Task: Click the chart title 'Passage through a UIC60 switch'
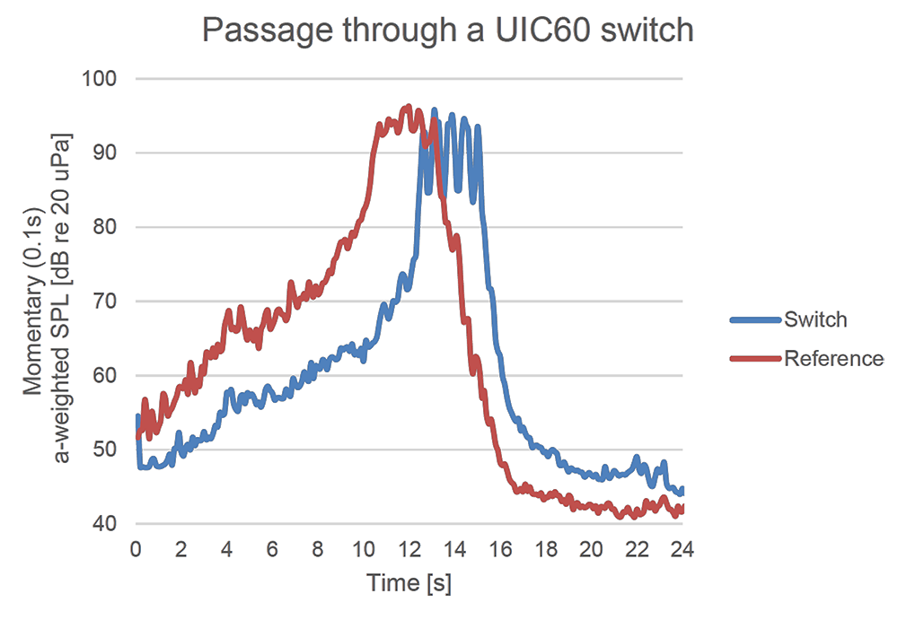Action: (x=448, y=30)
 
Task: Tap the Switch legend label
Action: (x=815, y=319)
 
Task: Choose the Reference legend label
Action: (x=833, y=359)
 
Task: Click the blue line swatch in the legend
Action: (x=754, y=319)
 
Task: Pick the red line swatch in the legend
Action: (x=754, y=359)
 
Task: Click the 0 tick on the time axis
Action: (x=136, y=548)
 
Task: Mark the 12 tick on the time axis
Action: (x=409, y=548)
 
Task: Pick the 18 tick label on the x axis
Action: (x=547, y=548)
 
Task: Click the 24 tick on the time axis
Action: (x=683, y=548)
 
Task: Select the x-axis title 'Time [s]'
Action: (x=409, y=583)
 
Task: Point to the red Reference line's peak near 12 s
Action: (x=409, y=107)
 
